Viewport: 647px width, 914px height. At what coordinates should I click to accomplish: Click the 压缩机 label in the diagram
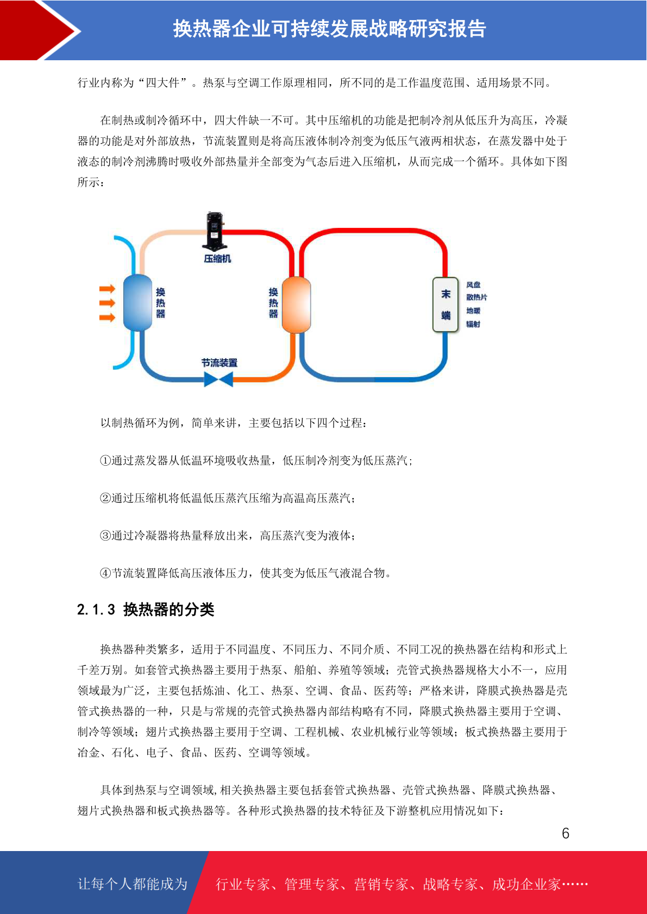pos(217,259)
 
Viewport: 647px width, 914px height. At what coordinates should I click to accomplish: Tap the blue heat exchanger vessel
pos(137,303)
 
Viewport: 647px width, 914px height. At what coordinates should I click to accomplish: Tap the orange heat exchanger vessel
pos(297,304)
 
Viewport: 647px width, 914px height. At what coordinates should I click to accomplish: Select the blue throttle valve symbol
pos(218,379)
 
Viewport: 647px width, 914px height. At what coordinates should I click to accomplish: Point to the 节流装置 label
pos(219,363)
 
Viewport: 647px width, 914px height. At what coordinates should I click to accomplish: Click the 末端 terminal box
pos(445,304)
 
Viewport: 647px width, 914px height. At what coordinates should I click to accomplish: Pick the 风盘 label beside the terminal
pos(473,284)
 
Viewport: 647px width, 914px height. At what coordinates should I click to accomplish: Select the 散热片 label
pos(476,297)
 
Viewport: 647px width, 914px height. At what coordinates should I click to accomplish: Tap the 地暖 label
pos(473,310)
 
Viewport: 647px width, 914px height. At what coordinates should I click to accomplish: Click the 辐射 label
pos(473,324)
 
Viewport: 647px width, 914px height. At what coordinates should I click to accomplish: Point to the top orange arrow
pos(108,289)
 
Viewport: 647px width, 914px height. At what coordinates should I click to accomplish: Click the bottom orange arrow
pos(108,317)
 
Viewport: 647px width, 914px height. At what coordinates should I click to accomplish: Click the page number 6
pos(566,833)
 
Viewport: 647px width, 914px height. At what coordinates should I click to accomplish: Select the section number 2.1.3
pos(96,610)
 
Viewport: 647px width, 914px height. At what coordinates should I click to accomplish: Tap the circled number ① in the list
pos(105,461)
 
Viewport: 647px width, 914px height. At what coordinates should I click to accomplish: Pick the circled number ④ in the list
pos(105,573)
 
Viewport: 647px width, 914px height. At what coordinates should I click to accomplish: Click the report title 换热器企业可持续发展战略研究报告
pos(329,29)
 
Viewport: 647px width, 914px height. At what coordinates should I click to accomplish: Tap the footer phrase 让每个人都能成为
pos(133,884)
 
